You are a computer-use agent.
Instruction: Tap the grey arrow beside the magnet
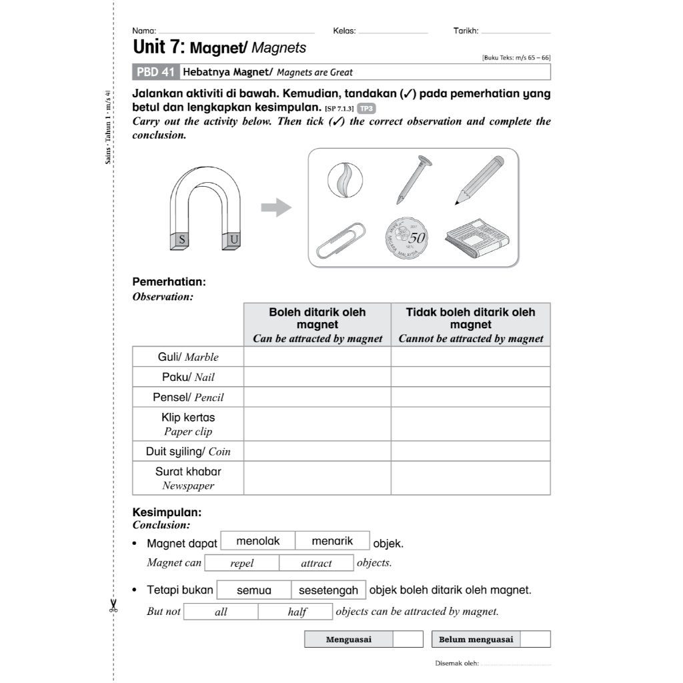(x=275, y=208)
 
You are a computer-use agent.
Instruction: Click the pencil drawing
(x=480, y=179)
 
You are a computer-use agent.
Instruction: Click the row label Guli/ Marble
(x=188, y=357)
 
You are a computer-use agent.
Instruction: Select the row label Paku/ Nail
(x=188, y=377)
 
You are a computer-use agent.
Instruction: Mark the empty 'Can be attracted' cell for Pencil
(x=317, y=397)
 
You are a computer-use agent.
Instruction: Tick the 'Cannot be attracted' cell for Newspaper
(x=470, y=478)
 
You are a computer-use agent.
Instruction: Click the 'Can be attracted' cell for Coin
(x=317, y=451)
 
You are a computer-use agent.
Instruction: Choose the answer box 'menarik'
(x=332, y=541)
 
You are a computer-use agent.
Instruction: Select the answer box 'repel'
(x=241, y=563)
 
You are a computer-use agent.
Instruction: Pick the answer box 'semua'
(x=253, y=590)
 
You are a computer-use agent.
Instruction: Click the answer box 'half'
(x=297, y=612)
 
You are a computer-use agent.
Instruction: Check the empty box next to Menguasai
(x=408, y=639)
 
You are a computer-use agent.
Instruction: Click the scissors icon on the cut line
(x=113, y=605)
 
